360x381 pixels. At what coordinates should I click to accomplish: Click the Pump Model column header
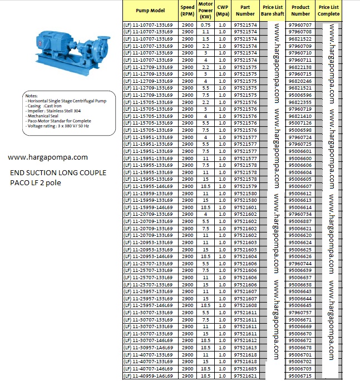coord(150,11)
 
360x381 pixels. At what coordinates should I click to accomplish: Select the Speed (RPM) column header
coord(188,11)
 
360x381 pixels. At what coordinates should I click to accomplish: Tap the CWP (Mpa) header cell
coord(223,11)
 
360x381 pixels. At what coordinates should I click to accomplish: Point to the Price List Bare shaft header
coord(273,11)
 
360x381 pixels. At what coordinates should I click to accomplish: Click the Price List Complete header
coord(329,11)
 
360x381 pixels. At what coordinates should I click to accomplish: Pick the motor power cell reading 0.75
coord(206,26)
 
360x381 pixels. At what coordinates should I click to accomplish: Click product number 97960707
coord(300,26)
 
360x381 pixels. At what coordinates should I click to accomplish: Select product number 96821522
coord(300,39)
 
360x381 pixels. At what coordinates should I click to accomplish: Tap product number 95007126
coord(300,123)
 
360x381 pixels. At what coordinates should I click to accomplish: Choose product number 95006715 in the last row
coord(300,376)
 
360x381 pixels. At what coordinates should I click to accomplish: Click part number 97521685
coord(245,369)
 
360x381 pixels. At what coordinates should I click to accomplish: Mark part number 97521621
coord(245,376)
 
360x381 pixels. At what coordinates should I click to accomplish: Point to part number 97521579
coord(245,186)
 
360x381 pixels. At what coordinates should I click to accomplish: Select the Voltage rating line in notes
coord(58,126)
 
